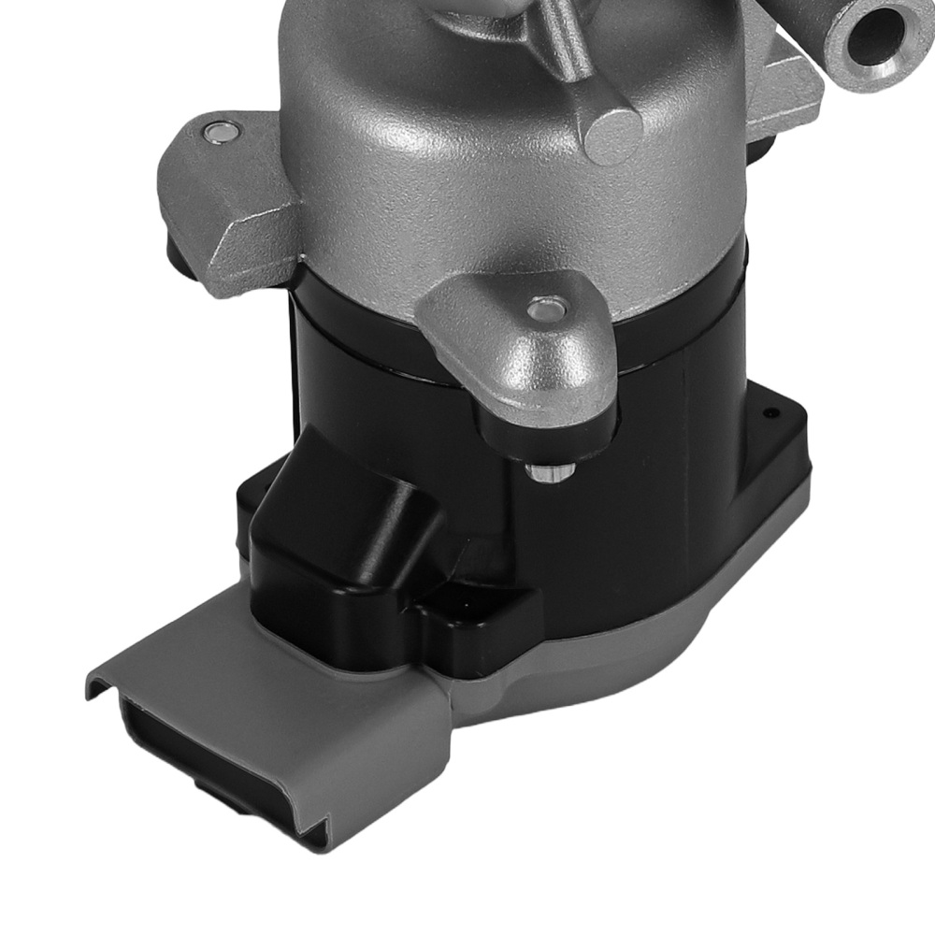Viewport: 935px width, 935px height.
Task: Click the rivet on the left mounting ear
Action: (x=219, y=133)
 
